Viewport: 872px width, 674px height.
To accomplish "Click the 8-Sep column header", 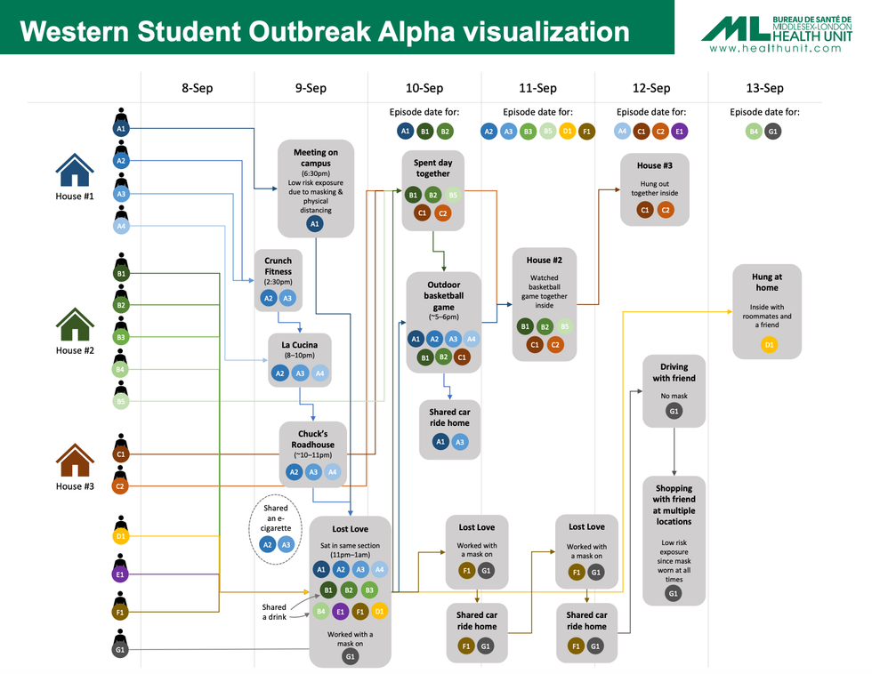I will pos(197,88).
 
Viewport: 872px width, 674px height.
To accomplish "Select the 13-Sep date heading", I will pos(764,88).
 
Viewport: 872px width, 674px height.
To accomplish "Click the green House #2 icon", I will pos(75,326).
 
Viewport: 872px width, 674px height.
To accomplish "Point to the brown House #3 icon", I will pos(75,462).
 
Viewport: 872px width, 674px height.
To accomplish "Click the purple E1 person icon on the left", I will pos(121,570).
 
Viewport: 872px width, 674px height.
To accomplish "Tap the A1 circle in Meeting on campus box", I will pos(314,224).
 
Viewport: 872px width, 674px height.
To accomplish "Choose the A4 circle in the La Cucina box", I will pos(320,373).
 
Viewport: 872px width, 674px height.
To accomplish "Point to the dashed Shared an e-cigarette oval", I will pos(276,532).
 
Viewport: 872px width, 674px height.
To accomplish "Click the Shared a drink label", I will pos(274,612).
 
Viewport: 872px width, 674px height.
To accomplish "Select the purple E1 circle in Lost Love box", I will pos(340,612).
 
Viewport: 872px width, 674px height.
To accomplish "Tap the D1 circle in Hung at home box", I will pos(769,344).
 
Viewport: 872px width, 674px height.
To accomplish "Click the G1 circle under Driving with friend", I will pos(674,411).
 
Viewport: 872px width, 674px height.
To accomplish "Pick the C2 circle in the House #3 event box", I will pos(665,210).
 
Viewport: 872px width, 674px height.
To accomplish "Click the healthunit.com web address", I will pos(775,48).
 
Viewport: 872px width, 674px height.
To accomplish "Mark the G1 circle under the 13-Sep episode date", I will pos(773,132).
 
